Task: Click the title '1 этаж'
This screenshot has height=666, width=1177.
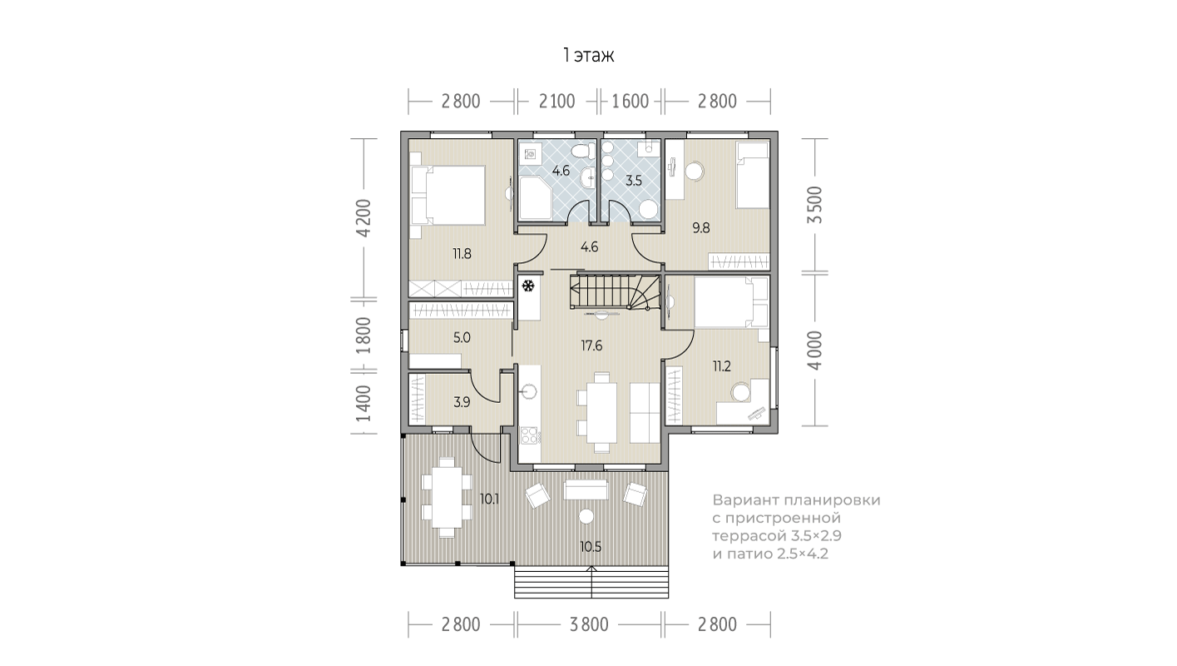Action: [589, 55]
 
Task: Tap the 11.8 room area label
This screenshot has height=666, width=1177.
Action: [462, 254]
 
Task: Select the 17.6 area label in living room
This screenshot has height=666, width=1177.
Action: [591, 345]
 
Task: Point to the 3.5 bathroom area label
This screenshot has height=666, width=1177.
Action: [634, 181]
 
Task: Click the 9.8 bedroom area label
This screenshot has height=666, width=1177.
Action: [701, 228]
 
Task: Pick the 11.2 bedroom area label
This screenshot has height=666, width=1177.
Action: [721, 366]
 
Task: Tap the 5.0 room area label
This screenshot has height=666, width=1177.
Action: [462, 338]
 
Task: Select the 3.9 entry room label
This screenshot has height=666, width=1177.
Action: [462, 402]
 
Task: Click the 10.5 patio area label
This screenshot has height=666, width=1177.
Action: [591, 547]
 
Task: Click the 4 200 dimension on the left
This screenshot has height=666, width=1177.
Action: [363, 218]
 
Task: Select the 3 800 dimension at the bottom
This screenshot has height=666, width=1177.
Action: [589, 624]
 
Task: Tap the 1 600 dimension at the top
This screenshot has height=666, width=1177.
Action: [630, 101]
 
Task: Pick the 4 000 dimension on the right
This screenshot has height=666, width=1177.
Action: [814, 350]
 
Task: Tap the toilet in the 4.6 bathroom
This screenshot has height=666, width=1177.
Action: [581, 152]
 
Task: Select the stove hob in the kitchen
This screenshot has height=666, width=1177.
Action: [529, 435]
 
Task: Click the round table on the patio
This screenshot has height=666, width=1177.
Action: [586, 516]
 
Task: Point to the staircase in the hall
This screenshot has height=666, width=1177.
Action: [614, 292]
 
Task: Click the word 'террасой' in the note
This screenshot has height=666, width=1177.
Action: [749, 537]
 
